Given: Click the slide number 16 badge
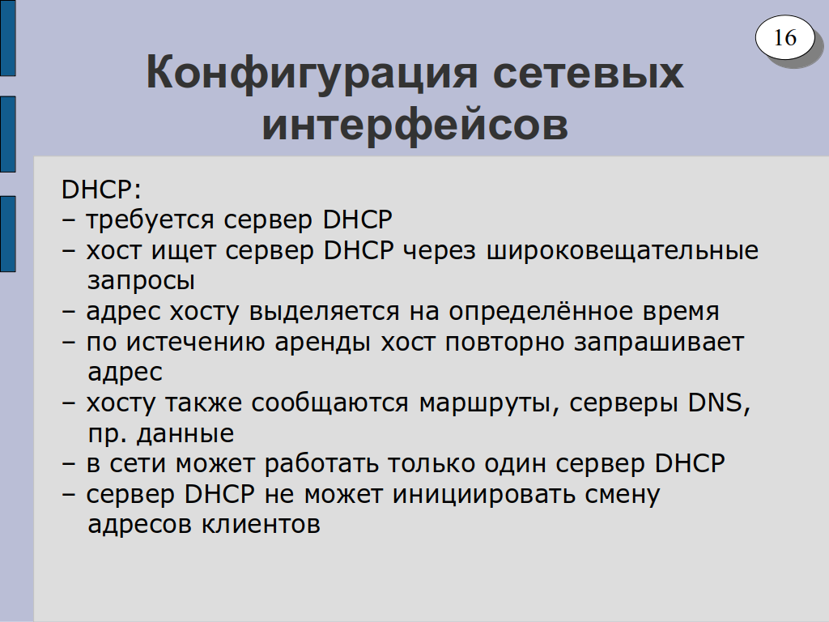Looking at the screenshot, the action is point(784,37).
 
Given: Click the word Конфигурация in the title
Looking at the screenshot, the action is point(312,72).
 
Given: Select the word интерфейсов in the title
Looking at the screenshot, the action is point(415,125).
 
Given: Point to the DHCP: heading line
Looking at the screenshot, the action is point(101,190).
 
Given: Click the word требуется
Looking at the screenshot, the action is point(150,220).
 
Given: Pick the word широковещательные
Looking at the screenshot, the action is point(623,251).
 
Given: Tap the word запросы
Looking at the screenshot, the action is point(141,281).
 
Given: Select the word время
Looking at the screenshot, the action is point(681,312).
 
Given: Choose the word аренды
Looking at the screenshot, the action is point(322,343).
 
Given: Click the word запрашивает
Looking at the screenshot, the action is point(659,343).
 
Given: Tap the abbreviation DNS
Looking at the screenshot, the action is point(719,403).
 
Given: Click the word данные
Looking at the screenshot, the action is point(185,434).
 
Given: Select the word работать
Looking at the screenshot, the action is point(321,464).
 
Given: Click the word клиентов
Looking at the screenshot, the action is point(261,525).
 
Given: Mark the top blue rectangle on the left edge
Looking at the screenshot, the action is point(8,37).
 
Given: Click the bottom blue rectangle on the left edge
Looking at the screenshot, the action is point(8,234).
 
